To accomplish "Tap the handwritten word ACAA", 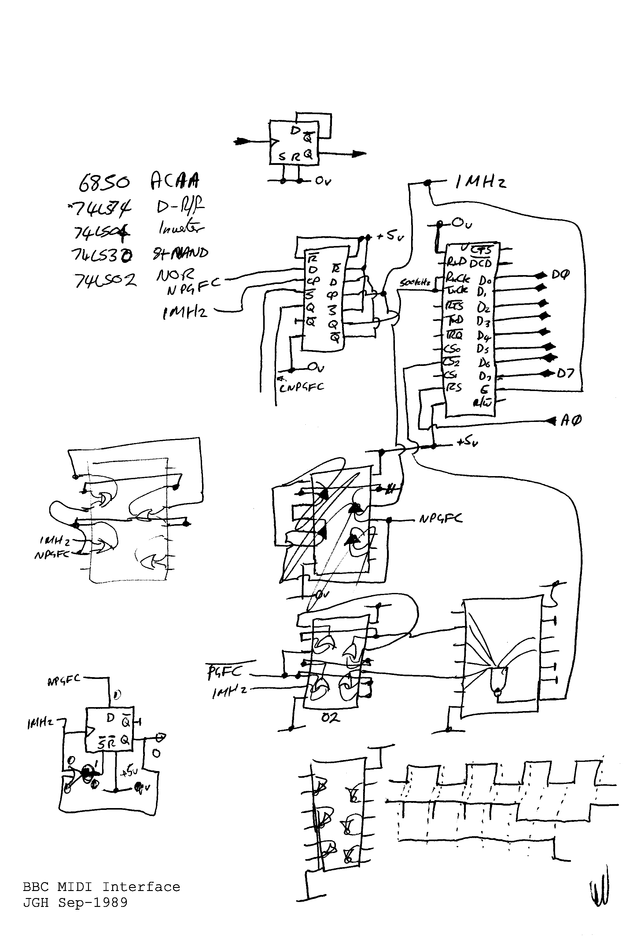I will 175,181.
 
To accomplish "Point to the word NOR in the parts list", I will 175,275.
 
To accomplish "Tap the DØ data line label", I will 560,275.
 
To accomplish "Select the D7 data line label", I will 565,374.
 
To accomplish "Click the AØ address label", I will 571,420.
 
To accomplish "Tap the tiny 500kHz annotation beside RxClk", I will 415,283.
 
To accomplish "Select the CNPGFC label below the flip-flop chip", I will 301,387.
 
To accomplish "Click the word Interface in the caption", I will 141,887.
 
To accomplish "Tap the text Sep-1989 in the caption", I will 93,902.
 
